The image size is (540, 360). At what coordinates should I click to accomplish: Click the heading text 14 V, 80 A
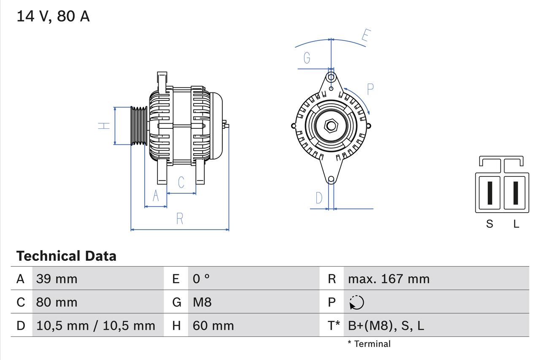click(x=53, y=16)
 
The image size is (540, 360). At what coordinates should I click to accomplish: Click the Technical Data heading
click(x=66, y=256)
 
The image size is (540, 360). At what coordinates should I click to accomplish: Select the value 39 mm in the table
click(x=57, y=279)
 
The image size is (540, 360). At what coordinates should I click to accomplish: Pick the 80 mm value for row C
click(x=57, y=302)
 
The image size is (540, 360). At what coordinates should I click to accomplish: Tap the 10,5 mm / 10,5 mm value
click(x=96, y=325)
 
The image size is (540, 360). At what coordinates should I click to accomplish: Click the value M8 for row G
click(x=202, y=302)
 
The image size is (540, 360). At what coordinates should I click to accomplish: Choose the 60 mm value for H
click(x=213, y=325)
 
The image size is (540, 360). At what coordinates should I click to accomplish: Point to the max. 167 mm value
click(x=389, y=279)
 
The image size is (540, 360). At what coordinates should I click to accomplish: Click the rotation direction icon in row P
click(x=356, y=302)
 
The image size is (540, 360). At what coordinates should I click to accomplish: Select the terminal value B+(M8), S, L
click(x=386, y=325)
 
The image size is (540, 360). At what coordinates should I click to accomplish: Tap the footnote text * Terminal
click(x=369, y=344)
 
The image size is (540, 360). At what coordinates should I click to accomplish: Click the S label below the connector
click(x=489, y=224)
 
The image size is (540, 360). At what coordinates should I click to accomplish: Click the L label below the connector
click(x=516, y=224)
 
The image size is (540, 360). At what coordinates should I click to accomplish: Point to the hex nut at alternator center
click(x=331, y=126)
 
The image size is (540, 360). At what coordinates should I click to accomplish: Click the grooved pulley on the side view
click(x=138, y=126)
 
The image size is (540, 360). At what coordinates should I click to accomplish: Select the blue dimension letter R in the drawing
click(x=180, y=219)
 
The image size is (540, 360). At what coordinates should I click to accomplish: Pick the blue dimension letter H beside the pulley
click(x=104, y=126)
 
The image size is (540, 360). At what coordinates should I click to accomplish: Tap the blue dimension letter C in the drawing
click(x=181, y=182)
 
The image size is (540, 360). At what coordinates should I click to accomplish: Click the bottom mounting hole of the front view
click(x=331, y=179)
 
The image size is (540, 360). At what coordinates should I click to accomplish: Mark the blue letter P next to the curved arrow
click(x=370, y=89)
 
